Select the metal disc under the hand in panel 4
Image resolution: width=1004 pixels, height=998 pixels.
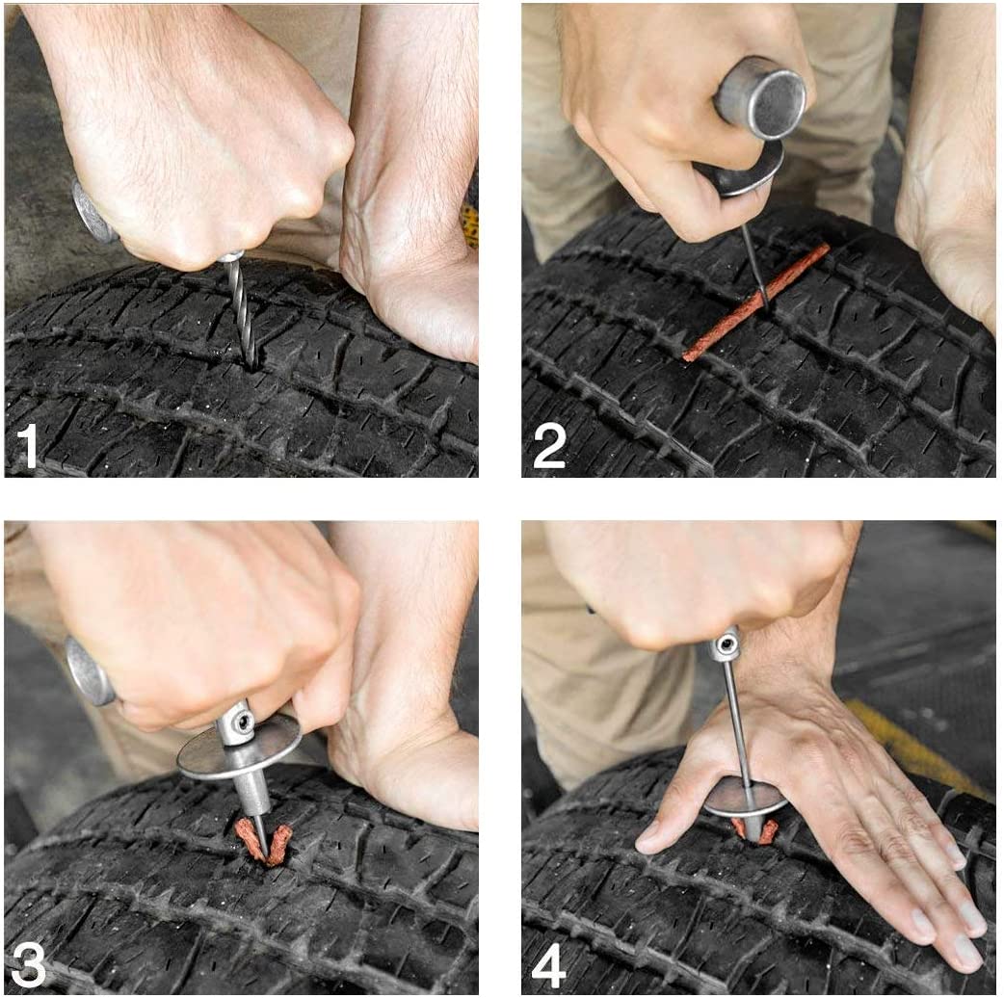click(742, 799)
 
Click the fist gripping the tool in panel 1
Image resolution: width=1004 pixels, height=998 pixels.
click(193, 144)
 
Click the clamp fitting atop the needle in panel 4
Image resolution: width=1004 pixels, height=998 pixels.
click(727, 644)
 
